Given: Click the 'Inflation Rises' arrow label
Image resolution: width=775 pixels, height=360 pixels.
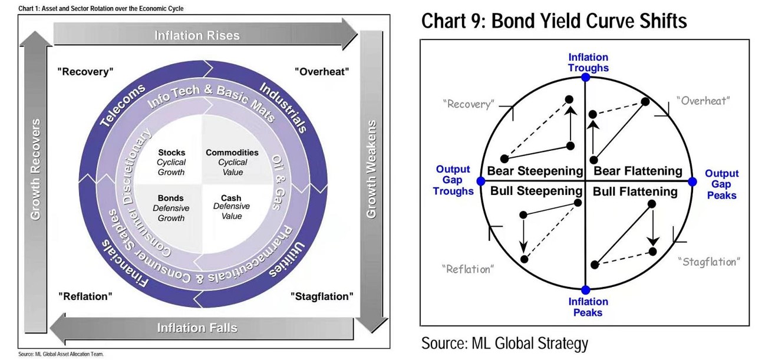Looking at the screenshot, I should [197, 36].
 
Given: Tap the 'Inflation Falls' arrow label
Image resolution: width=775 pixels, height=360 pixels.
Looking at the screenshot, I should [197, 328].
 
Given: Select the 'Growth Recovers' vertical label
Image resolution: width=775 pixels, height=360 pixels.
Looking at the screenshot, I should [36, 169].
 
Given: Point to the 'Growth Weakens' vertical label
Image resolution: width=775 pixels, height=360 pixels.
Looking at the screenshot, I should [371, 169].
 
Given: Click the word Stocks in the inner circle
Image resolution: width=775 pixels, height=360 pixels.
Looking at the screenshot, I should [171, 153].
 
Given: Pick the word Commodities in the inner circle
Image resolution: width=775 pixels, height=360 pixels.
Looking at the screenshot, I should [232, 153].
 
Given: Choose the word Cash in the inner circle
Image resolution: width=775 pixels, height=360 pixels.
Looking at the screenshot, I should [231, 198].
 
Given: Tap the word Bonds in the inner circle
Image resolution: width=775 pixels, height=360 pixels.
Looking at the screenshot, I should [170, 199].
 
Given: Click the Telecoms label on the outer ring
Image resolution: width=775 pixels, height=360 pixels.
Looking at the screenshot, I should [123, 105].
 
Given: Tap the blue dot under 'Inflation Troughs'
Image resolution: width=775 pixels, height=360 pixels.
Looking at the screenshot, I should [585, 77].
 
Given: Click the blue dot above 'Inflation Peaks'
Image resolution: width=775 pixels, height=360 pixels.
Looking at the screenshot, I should [585, 289].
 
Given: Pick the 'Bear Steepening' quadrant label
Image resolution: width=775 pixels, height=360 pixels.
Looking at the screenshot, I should [534, 171].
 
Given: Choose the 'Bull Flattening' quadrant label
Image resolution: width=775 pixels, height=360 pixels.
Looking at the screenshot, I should [635, 191].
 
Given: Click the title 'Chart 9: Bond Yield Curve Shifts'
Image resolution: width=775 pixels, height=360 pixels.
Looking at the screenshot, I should [554, 22].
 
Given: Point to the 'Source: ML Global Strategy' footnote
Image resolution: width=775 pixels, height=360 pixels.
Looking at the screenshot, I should [504, 344].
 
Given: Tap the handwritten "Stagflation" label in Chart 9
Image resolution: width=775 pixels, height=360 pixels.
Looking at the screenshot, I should [709, 262].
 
